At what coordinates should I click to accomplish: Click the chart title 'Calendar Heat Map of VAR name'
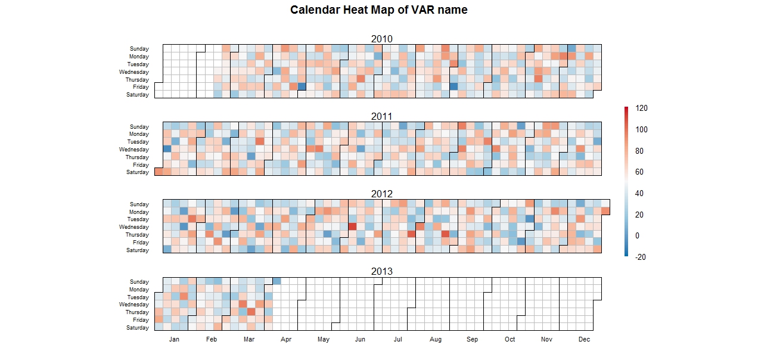(x=378, y=10)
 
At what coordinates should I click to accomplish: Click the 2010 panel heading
(x=381, y=39)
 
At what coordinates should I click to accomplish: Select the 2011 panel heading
(x=381, y=116)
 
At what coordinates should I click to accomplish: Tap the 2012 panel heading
(x=381, y=194)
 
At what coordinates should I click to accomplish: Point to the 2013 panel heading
(x=381, y=271)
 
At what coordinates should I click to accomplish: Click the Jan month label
(x=174, y=340)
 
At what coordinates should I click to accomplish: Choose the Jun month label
(x=360, y=340)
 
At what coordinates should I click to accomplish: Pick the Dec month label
(x=584, y=340)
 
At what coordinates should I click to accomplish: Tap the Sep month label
(x=472, y=340)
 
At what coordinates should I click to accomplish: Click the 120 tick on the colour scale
(x=642, y=108)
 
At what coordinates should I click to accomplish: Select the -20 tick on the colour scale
(x=641, y=257)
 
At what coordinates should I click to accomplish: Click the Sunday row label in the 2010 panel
(x=139, y=49)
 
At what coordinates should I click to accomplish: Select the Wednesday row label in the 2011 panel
(x=134, y=150)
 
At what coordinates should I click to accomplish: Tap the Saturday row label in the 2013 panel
(x=138, y=328)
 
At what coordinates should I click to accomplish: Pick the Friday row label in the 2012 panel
(x=141, y=243)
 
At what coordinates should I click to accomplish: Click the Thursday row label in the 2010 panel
(x=137, y=80)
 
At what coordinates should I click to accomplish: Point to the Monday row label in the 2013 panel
(x=139, y=290)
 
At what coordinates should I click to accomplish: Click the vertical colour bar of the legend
(x=626, y=182)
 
